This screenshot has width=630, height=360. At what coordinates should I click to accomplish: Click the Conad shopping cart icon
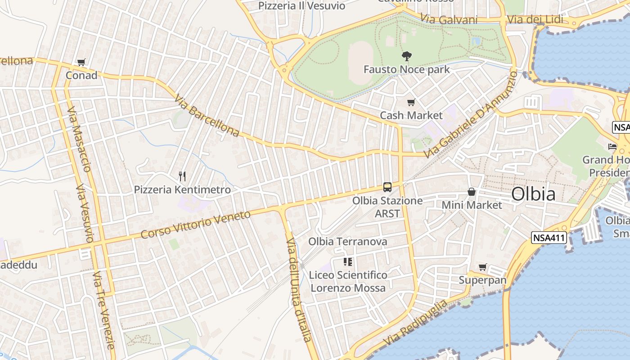81,63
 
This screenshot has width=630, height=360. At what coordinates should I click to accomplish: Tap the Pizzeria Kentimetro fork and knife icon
182,176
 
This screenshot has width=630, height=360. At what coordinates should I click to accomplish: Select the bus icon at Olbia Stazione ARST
387,187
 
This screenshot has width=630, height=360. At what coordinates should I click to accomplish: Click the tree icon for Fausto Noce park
406,56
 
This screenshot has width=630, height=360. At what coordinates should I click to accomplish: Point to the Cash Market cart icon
411,103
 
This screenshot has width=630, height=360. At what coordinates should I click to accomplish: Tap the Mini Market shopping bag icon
471,192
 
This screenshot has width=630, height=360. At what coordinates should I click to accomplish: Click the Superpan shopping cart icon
483,267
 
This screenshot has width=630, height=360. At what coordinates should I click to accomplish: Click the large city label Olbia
533,194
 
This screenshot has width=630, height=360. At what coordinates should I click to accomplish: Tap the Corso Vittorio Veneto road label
196,225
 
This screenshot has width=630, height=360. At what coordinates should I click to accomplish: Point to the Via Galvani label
449,19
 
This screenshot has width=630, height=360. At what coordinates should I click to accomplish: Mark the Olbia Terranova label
347,242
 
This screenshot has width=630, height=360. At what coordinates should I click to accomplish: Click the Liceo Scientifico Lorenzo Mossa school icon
347,261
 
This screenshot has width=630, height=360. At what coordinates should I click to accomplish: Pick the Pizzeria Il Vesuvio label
301,6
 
